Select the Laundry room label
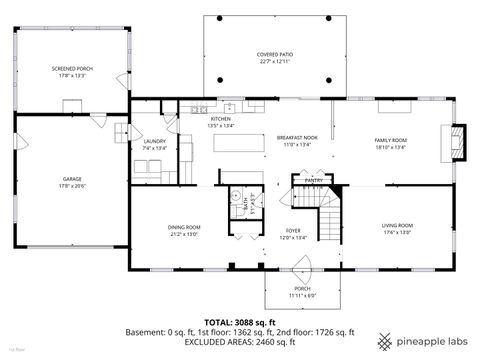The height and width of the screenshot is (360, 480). coord(154,141)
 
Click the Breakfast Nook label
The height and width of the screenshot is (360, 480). coord(296,138)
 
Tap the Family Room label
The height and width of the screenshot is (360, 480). coord(390,140)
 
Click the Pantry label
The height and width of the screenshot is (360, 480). coord(313,180)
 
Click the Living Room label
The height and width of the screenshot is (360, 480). coord(397,226)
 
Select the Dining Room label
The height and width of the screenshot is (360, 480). coord(184,227)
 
